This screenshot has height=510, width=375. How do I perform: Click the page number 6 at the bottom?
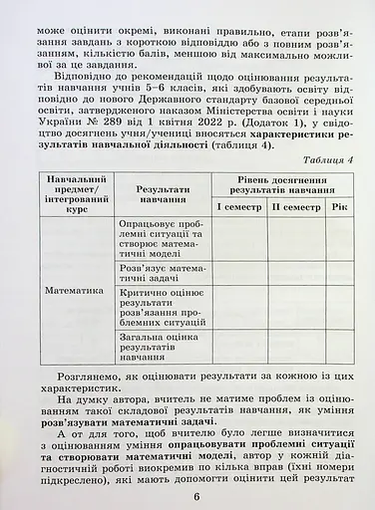click(x=197, y=498)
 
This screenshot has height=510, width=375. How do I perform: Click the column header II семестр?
click(x=296, y=207)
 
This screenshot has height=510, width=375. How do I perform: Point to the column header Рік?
click(x=341, y=207)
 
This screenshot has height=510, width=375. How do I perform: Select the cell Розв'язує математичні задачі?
click(x=160, y=274)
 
